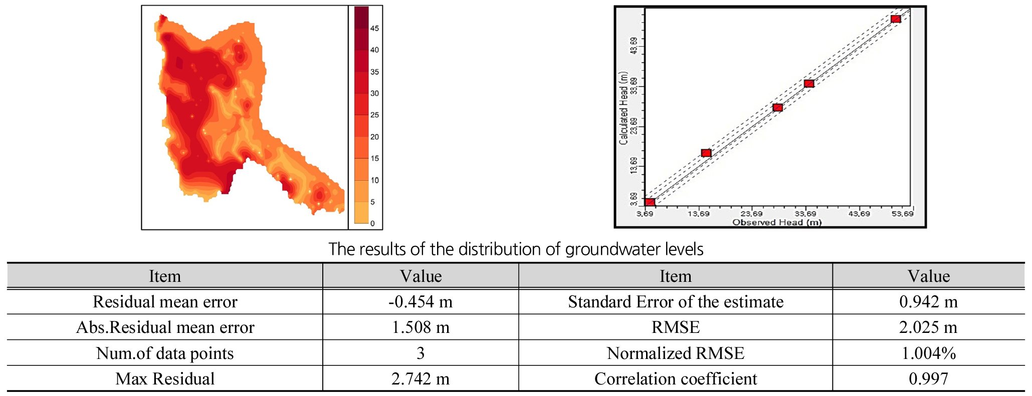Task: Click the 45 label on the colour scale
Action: (374, 29)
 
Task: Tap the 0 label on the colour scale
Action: (372, 224)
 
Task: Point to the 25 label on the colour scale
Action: (374, 115)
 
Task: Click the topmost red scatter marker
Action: (896, 19)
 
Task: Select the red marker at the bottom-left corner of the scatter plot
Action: (650, 202)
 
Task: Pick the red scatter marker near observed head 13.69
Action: (706, 153)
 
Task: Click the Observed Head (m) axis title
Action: (777, 222)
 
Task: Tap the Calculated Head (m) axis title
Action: (624, 108)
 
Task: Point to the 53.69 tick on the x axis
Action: (902, 214)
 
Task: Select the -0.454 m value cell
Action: (421, 302)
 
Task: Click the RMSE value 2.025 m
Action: (928, 327)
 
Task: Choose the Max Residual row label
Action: (165, 379)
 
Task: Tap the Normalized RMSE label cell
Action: (675, 353)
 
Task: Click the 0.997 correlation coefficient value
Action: (928, 379)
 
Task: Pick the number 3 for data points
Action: (421, 353)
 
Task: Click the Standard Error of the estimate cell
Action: (675, 302)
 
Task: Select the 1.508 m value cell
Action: (421, 327)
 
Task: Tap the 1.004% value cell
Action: (928, 353)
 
